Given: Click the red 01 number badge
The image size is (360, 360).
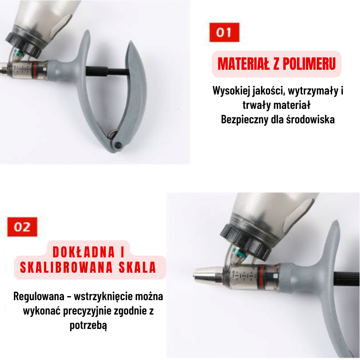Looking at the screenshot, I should (224, 32).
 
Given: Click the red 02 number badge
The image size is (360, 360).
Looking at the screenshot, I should (22, 226).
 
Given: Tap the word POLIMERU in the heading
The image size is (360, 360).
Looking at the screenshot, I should (307, 64).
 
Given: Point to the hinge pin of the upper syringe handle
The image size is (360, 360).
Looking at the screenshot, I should (118, 145).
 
